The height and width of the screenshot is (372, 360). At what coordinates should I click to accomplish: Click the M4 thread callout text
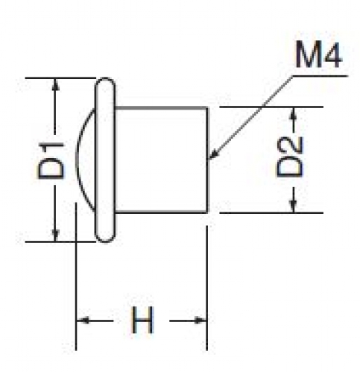(319, 56)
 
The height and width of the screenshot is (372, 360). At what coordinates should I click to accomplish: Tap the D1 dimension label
(51, 160)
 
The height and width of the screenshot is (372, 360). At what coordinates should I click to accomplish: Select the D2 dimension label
(290, 157)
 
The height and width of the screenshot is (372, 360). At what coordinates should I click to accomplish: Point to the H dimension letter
(142, 320)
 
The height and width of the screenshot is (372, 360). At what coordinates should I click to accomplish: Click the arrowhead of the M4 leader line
(213, 154)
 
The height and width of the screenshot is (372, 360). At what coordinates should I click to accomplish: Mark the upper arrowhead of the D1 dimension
(56, 84)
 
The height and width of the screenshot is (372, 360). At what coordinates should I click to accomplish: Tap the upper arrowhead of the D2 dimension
(294, 113)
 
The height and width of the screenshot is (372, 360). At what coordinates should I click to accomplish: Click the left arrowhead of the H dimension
(83, 321)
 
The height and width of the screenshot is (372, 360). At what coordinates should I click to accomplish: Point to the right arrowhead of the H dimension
(200, 321)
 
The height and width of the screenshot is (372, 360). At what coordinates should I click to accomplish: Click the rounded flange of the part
(105, 160)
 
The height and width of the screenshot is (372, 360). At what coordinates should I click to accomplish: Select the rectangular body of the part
(161, 160)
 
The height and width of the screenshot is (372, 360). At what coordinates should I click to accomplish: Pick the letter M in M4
(308, 56)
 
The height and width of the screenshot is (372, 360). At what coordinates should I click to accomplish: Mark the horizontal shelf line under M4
(320, 76)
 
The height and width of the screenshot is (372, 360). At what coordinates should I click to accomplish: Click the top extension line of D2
(271, 107)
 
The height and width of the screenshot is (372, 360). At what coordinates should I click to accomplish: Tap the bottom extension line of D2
(271, 212)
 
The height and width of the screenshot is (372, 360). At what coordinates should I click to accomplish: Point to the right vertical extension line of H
(207, 288)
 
